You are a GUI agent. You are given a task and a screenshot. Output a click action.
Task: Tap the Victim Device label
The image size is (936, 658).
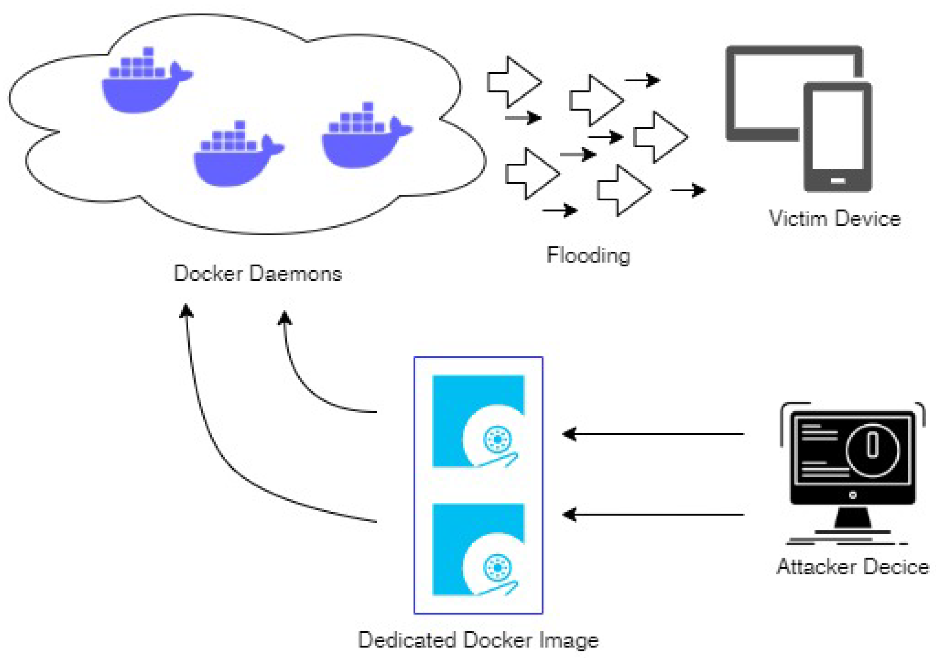point(835,219)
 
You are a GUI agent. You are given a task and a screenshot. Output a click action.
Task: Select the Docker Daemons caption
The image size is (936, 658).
point(258,273)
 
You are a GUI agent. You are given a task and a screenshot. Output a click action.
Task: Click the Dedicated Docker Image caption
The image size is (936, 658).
point(478,639)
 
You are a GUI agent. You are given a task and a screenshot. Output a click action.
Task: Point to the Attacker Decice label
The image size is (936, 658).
point(852,567)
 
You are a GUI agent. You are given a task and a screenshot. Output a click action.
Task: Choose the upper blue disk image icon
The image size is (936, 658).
point(478,421)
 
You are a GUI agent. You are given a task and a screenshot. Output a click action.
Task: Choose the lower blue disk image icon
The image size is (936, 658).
point(478,549)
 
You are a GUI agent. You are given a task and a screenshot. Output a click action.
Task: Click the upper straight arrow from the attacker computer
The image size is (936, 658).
point(652,434)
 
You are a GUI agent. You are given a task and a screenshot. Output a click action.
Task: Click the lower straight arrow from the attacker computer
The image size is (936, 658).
point(652,515)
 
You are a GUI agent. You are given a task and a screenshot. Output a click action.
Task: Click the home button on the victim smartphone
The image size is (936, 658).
point(838,180)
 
